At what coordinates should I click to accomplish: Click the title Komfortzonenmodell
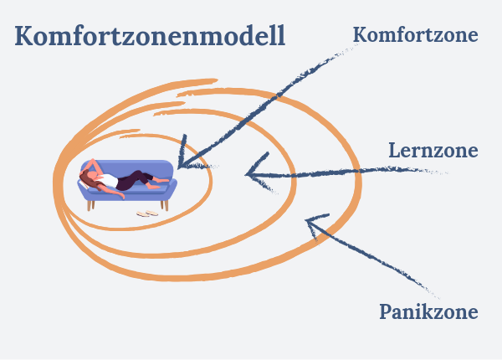tap(150, 35)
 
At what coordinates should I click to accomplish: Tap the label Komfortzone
tap(416, 34)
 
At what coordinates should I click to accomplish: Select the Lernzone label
tap(433, 150)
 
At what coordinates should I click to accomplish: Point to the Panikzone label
tap(428, 311)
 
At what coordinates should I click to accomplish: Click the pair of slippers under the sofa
tap(147, 213)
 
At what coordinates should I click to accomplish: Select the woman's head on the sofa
tap(90, 177)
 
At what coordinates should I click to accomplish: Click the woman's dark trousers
tap(133, 180)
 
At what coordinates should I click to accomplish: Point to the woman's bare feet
tap(160, 183)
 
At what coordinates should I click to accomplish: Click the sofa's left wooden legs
tap(90, 205)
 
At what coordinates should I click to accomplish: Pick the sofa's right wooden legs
tap(165, 205)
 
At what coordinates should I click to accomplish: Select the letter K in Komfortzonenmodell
tap(23, 35)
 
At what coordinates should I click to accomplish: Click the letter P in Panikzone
tap(386, 311)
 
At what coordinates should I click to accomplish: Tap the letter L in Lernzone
tap(394, 151)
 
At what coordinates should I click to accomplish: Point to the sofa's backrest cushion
tap(128, 167)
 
